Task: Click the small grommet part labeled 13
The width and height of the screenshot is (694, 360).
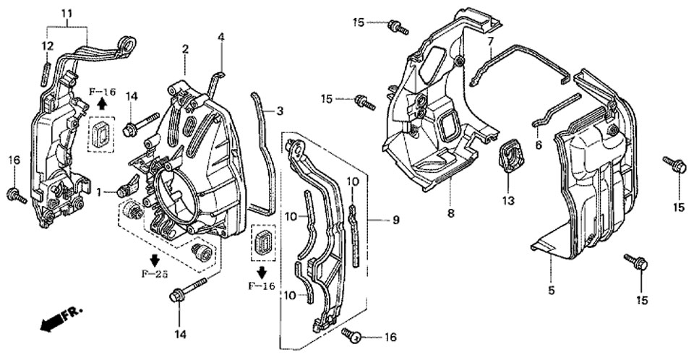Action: point(511,156)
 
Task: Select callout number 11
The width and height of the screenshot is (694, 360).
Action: point(67,14)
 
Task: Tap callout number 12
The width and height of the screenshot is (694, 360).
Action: point(47,46)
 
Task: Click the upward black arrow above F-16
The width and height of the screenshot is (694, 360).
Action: point(102,103)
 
